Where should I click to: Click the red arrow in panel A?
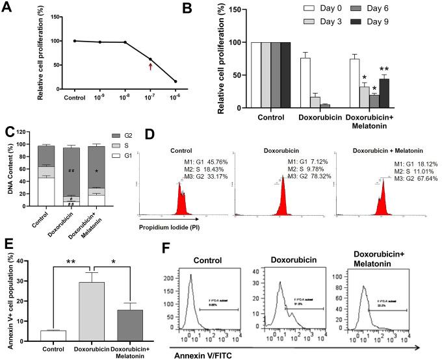coord(151,65)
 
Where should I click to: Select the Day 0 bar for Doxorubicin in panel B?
coord(300,83)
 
